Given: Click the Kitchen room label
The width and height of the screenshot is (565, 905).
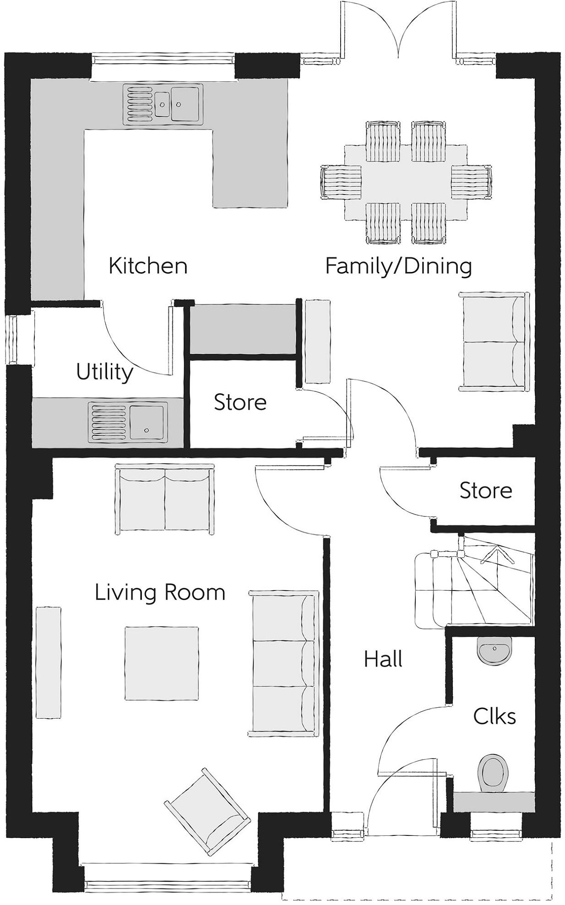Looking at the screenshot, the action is (x=148, y=266).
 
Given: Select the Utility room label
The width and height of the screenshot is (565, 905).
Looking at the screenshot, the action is (x=105, y=372).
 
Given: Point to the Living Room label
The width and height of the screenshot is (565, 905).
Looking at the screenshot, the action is (x=160, y=592).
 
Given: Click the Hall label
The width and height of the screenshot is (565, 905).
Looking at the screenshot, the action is (x=383, y=659).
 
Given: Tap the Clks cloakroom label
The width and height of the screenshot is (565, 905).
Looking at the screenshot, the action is (x=494, y=716).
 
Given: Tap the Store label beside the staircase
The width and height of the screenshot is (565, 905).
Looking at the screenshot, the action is (x=486, y=491).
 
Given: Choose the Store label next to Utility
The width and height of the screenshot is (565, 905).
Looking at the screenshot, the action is (x=240, y=402).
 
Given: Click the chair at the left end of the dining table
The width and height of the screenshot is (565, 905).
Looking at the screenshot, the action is (x=341, y=182).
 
